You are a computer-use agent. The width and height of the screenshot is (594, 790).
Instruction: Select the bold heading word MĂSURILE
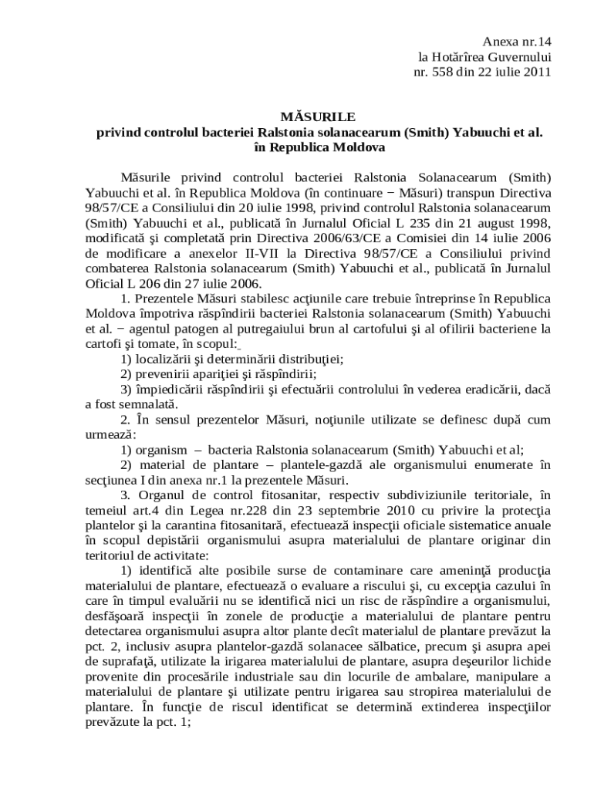point(319,116)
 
